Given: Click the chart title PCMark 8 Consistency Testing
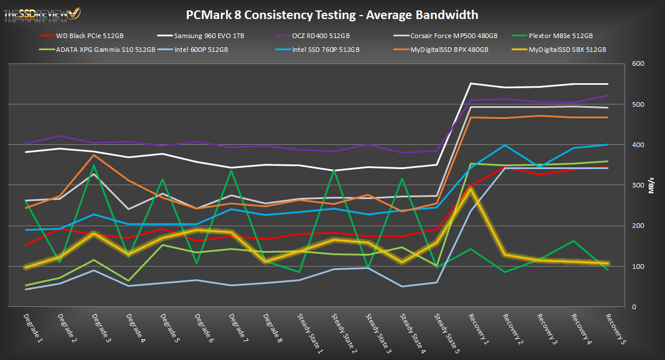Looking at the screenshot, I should click(332, 14).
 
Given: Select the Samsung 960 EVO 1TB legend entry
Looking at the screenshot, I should click(205, 36).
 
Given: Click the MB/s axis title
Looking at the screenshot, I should click(651, 185).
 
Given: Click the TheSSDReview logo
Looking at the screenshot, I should click(42, 13).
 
